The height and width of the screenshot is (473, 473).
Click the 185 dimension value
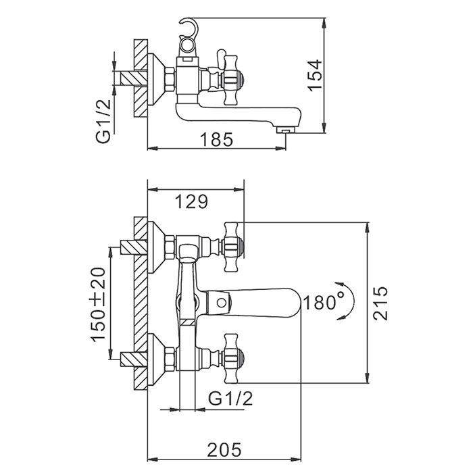coord(216,139)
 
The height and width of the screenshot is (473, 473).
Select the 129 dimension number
coord(191,200)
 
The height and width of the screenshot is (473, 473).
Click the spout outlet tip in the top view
coord(288,127)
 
